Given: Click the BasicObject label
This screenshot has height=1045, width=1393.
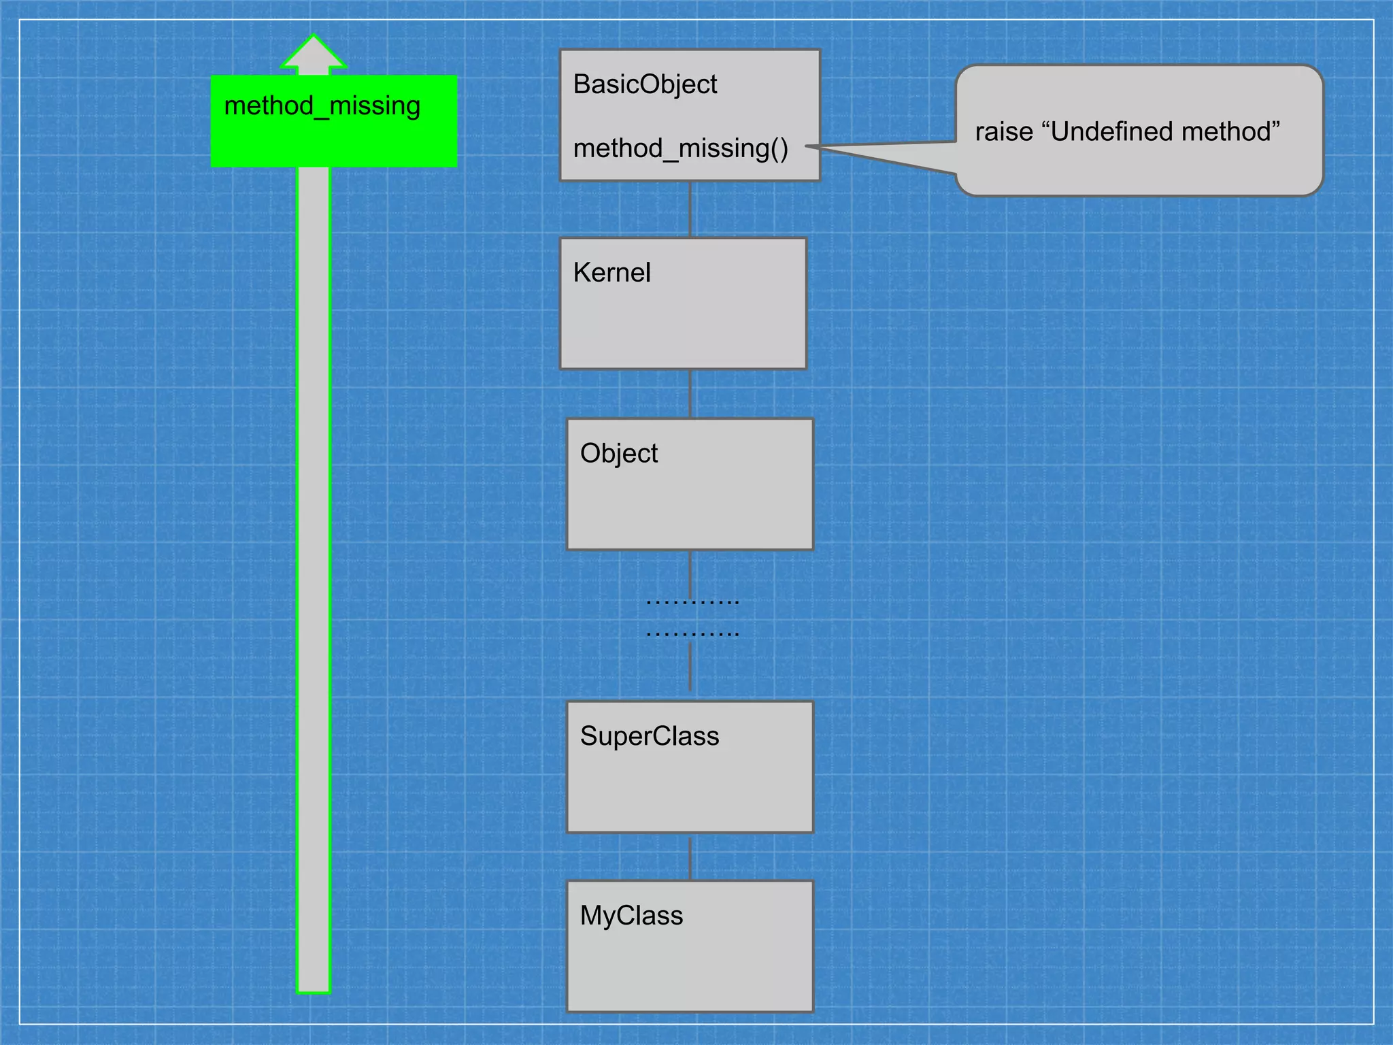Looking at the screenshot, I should [645, 84].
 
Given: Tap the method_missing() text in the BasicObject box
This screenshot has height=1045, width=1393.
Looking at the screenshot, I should [680, 148].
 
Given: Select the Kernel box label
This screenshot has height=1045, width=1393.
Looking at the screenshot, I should [611, 273].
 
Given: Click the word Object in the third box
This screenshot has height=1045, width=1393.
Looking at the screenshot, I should [618, 453].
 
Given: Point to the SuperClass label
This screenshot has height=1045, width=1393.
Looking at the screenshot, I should [649, 736].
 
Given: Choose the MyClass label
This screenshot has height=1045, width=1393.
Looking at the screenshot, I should [631, 916].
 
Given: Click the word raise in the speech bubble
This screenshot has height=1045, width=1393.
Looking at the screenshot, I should [1003, 132].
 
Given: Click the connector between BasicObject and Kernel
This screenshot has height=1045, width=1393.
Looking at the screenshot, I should [690, 209].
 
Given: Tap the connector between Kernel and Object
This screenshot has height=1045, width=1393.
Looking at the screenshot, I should [690, 393].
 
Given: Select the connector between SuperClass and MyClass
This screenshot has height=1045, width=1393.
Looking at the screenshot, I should [690, 857].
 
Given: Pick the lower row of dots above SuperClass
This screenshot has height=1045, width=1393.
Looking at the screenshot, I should [692, 634].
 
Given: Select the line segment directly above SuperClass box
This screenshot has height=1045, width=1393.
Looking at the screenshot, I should [690, 667].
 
